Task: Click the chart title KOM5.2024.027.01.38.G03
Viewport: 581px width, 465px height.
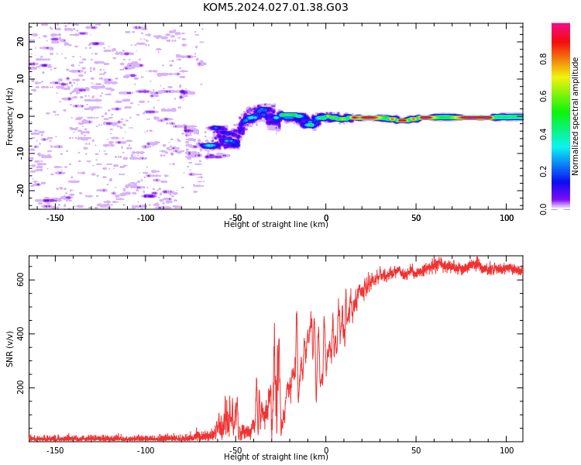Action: (275, 8)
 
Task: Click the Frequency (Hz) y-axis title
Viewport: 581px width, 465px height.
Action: (9, 116)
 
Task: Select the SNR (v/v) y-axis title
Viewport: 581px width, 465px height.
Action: (9, 349)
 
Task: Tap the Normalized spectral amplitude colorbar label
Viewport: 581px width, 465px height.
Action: (575, 116)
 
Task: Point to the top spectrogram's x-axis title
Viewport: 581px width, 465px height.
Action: (276, 224)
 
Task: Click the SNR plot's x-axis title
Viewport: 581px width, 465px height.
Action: (276, 456)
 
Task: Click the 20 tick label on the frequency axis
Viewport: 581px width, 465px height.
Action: (20, 42)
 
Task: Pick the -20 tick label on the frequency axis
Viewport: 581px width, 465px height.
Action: (20, 191)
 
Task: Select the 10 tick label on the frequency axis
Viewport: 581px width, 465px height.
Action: (20, 79)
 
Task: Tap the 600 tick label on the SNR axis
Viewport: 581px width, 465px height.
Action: (20, 280)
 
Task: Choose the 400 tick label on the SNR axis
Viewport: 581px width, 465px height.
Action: (20, 334)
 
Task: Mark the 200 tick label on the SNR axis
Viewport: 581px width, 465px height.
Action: (20, 387)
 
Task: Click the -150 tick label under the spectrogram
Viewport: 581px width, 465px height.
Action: (55, 218)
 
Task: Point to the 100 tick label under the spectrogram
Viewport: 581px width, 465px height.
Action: (507, 218)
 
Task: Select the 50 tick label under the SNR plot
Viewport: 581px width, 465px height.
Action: (416, 450)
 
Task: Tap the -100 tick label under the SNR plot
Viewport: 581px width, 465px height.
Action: (146, 450)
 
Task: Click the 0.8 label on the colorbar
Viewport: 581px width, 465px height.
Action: (543, 59)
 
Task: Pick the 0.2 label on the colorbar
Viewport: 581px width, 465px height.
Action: (543, 172)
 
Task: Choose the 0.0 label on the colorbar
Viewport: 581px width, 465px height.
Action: (543, 209)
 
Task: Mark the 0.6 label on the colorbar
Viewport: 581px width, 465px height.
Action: (543, 96)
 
